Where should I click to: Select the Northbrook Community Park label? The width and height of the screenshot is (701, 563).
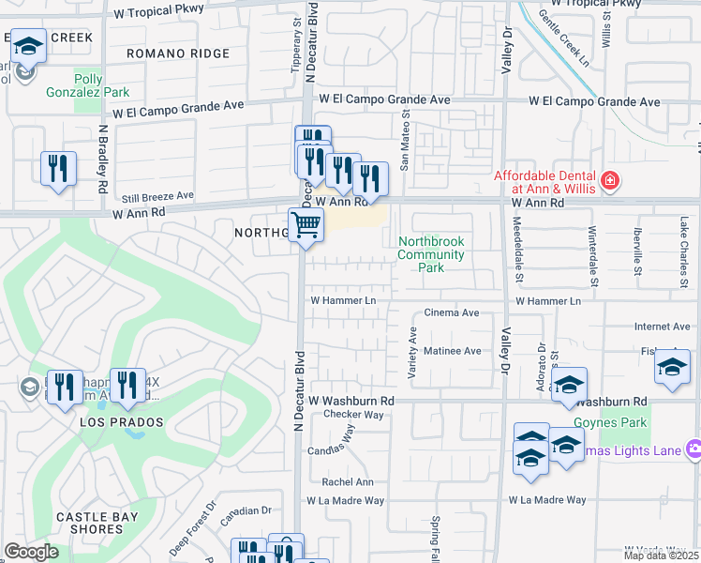(x=431, y=254)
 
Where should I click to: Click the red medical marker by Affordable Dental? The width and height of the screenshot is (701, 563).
(x=609, y=178)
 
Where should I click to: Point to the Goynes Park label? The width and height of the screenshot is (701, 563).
(x=622, y=423)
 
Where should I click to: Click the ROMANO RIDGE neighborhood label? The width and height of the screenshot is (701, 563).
(x=178, y=54)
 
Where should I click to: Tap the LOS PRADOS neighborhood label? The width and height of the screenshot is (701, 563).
(x=123, y=422)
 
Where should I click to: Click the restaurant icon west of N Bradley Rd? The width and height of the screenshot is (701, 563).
(x=59, y=169)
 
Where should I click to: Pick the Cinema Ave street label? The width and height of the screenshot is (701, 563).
(x=452, y=312)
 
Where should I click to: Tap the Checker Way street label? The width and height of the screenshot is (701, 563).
(x=353, y=415)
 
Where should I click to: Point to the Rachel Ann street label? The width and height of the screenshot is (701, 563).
(x=347, y=482)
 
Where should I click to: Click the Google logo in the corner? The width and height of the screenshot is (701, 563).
(x=31, y=552)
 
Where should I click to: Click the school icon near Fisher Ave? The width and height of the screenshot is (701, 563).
(x=672, y=367)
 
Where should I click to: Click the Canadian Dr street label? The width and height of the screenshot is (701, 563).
(x=246, y=510)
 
